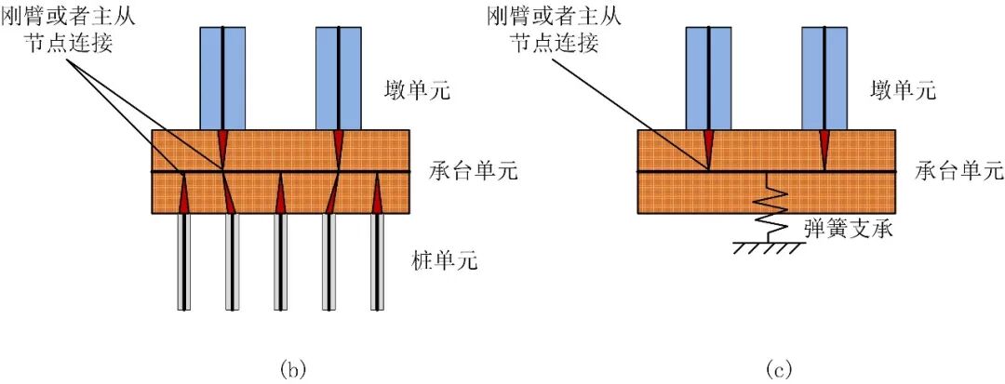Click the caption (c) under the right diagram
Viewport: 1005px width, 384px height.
click(x=778, y=369)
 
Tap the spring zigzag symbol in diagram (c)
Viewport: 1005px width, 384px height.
click(x=766, y=209)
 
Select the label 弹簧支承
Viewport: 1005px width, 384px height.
click(x=850, y=227)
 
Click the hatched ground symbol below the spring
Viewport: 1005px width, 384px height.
click(x=766, y=248)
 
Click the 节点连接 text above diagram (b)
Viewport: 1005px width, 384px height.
click(x=70, y=44)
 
